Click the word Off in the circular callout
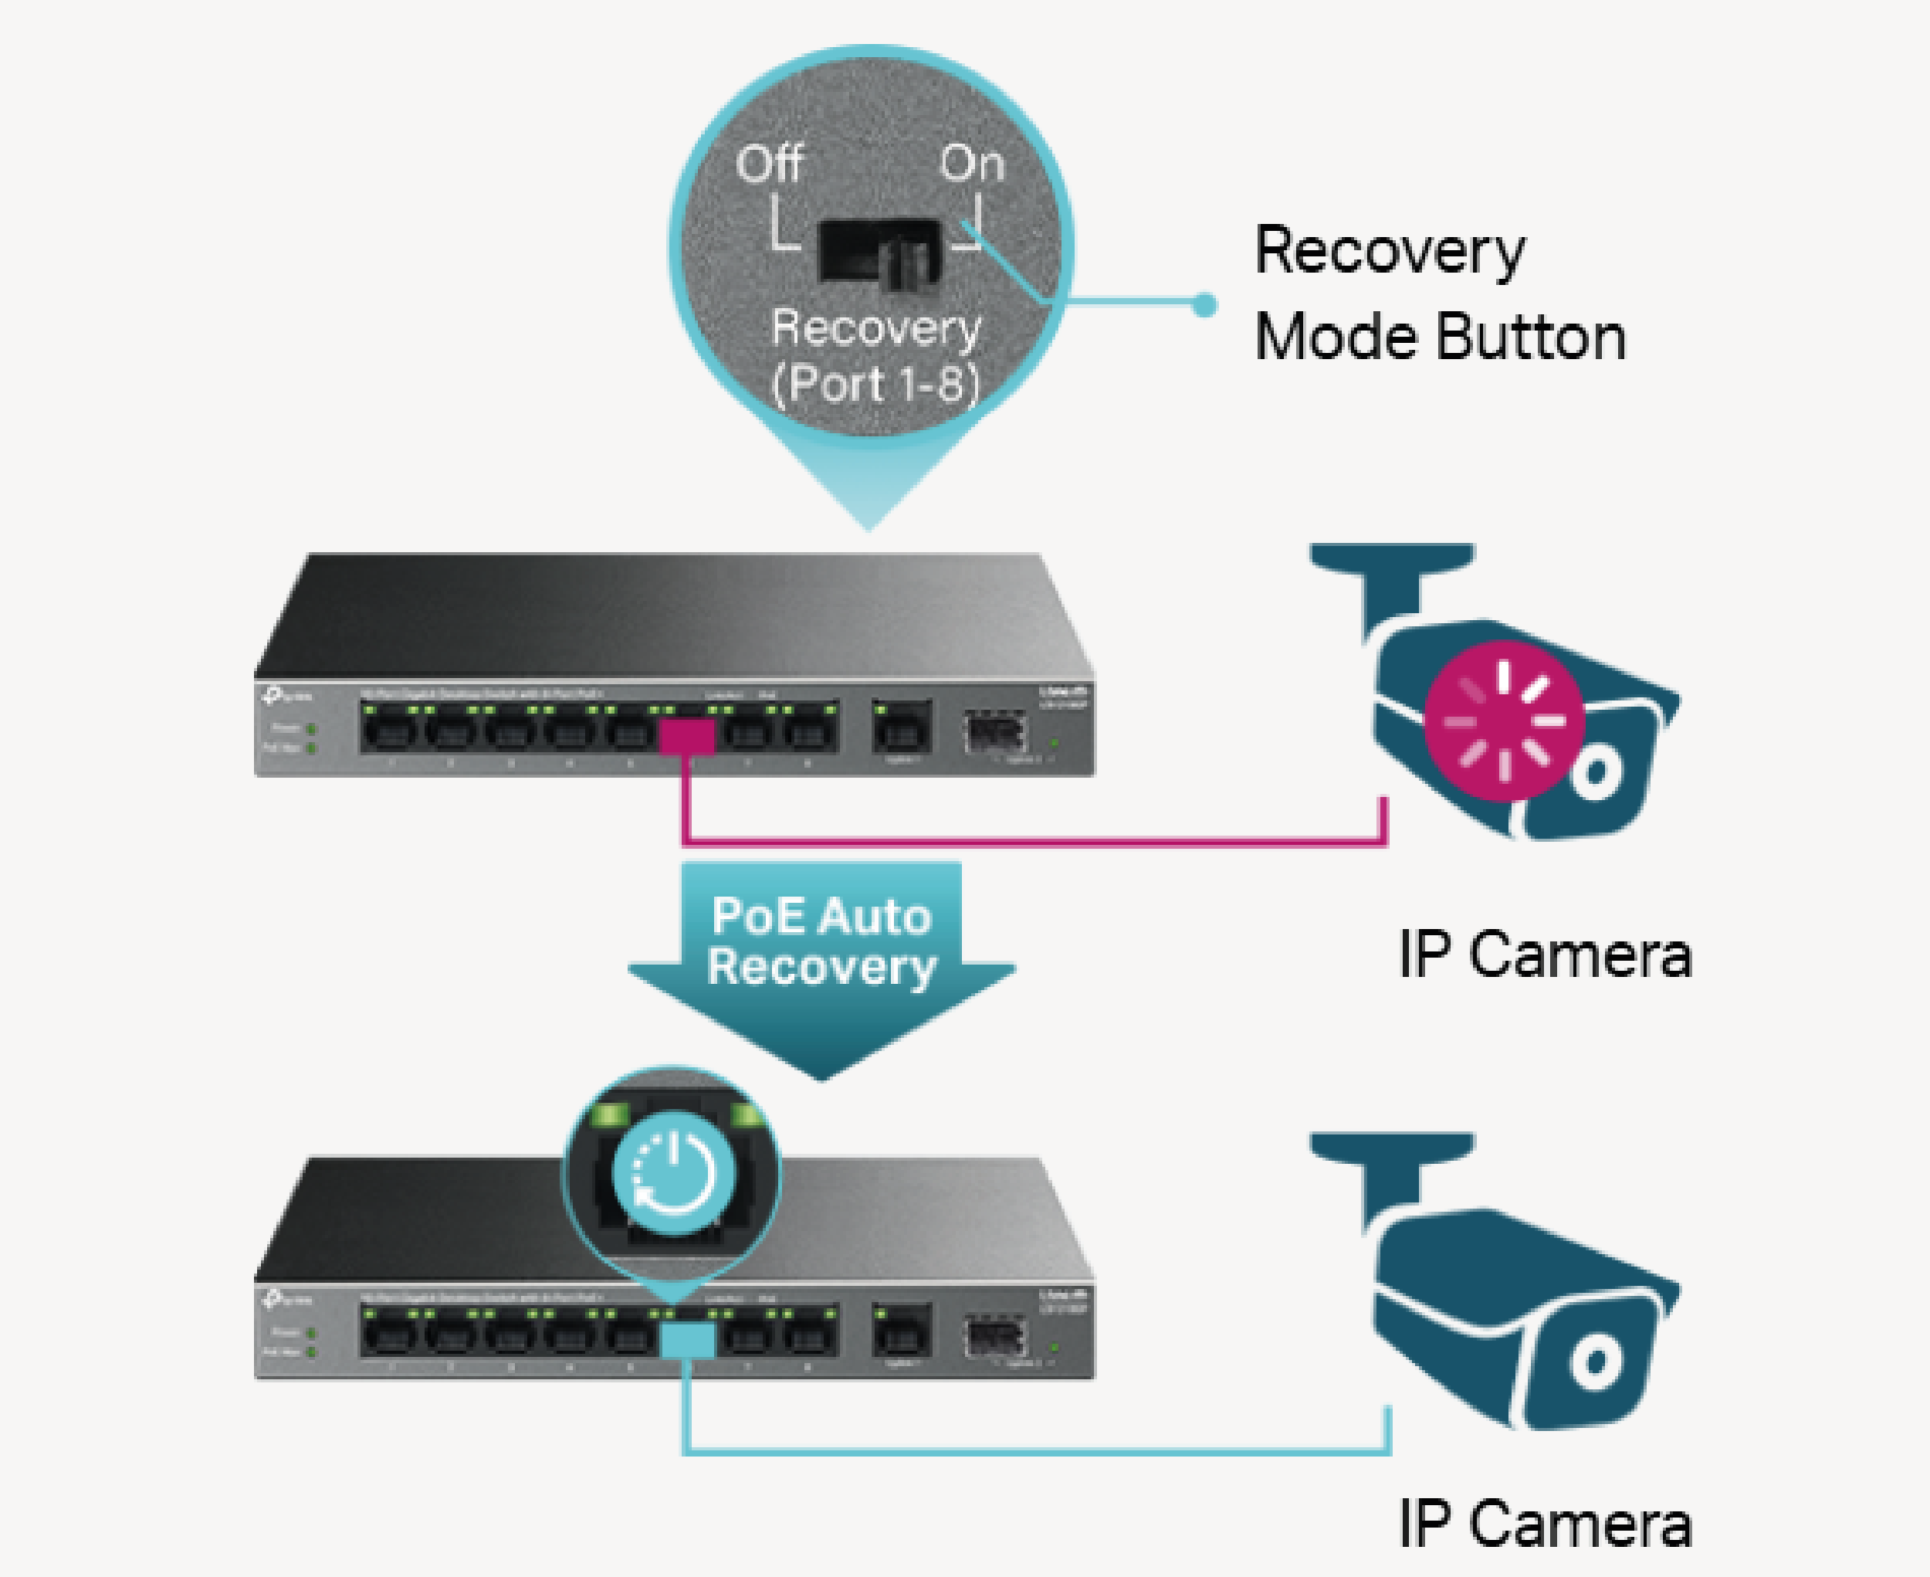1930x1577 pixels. click(769, 164)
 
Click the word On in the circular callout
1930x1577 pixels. click(972, 164)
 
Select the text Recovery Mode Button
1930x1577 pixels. click(1440, 293)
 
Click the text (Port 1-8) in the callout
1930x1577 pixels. click(875, 383)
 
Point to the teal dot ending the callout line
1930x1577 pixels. click(1204, 305)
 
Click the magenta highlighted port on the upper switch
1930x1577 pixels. click(686, 736)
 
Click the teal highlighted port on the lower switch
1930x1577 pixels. click(686, 1339)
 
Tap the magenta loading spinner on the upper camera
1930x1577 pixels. click(1503, 721)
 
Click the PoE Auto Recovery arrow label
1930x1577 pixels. click(821, 941)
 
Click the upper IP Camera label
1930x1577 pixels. click(1545, 955)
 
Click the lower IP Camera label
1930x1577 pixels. click(1545, 1524)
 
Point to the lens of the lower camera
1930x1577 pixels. click(1596, 1362)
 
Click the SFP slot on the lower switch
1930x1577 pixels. click(997, 1335)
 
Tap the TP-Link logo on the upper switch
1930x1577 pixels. click(287, 696)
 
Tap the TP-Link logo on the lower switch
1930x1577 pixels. click(287, 1300)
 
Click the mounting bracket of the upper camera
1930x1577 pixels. click(1390, 582)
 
